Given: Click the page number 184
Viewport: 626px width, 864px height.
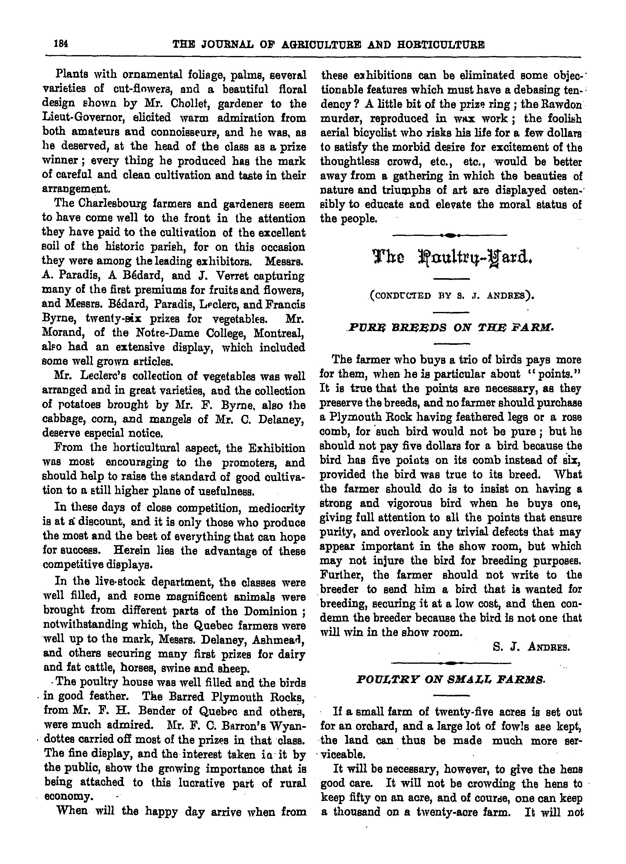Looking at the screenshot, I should [61, 44].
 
